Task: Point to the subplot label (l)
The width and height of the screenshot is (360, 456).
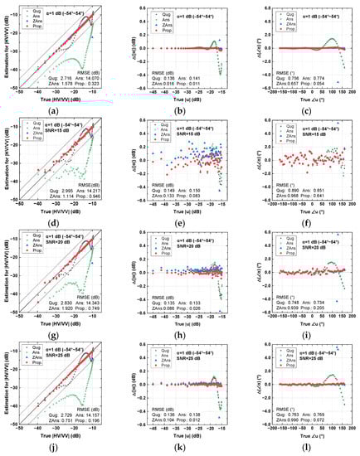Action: pos(300,449)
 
